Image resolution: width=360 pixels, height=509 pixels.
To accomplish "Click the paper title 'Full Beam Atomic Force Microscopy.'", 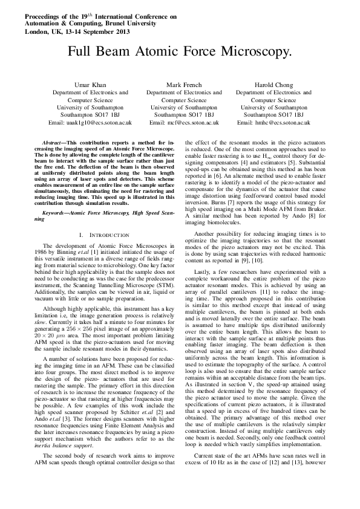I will coord(180,51).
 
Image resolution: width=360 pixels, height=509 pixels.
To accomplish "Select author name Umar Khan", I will coord(90,85).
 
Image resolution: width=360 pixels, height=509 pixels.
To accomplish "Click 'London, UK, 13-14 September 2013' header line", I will coord(76,29).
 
